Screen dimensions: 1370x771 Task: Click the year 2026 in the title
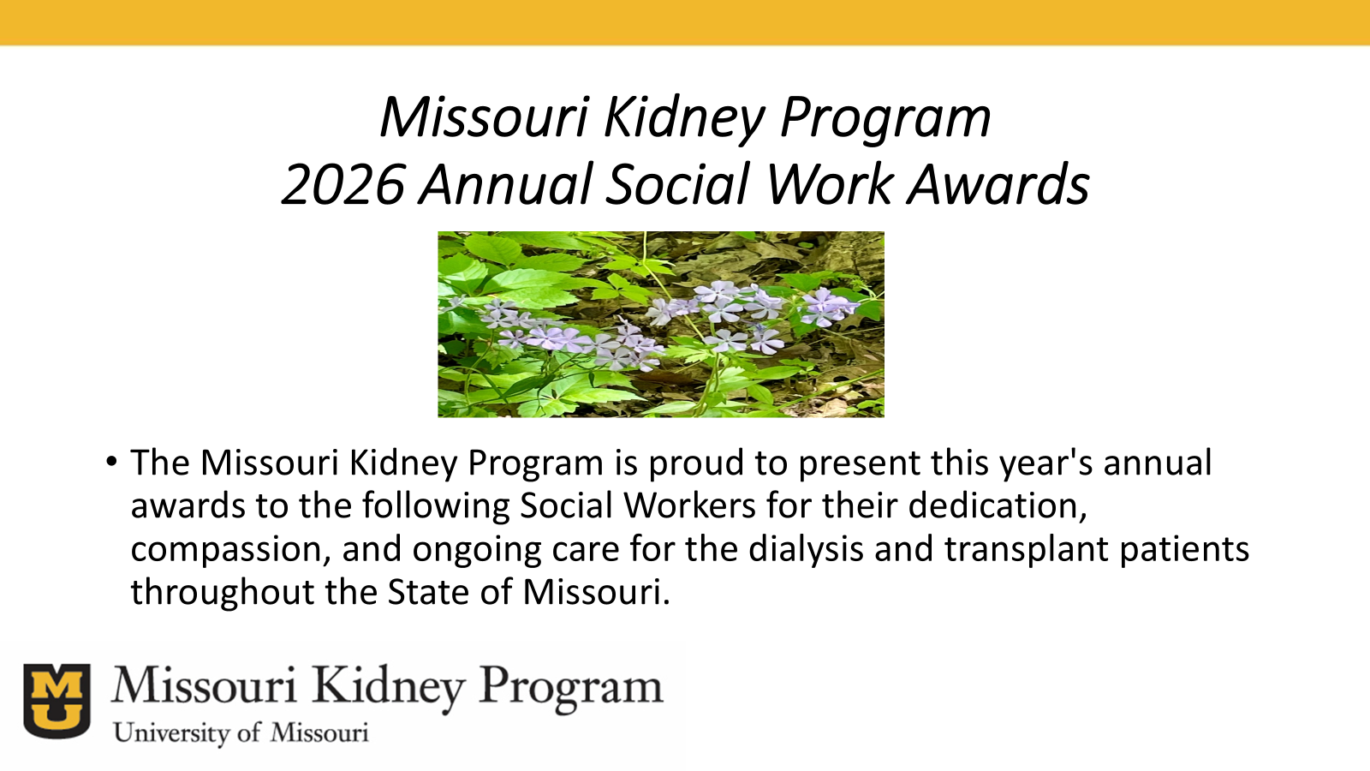coord(343,184)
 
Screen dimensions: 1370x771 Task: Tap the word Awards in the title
coord(998,184)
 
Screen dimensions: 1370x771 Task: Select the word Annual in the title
coord(506,184)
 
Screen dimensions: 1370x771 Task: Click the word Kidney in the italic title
coord(685,118)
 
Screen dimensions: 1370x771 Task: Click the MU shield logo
coord(57,701)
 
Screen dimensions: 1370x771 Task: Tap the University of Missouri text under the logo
coord(241,733)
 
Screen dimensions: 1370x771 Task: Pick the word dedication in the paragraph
coord(998,506)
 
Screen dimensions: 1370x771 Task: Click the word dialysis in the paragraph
coord(806,549)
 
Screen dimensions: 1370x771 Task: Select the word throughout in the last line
coord(223,592)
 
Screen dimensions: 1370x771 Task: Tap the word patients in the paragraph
coord(1185,549)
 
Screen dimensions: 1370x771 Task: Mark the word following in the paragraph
coord(436,506)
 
